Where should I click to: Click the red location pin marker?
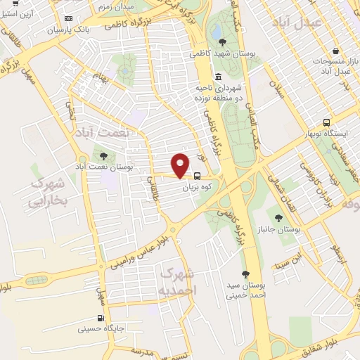(181, 165)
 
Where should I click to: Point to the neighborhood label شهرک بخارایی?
(47, 193)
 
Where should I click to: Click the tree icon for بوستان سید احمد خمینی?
(245, 274)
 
